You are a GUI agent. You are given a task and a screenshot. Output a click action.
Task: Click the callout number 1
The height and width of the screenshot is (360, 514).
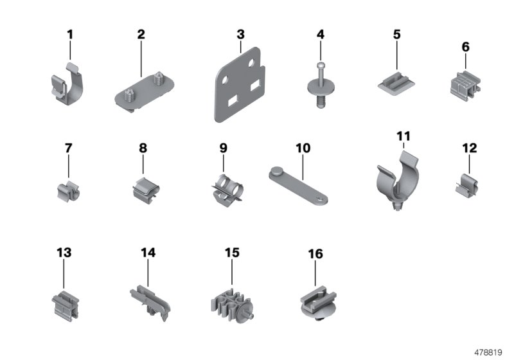[x=70, y=34]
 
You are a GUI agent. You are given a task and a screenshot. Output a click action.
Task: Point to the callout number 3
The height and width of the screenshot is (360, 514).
[x=240, y=34]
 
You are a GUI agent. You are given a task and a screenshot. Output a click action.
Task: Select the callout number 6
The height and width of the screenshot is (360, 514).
[x=465, y=47]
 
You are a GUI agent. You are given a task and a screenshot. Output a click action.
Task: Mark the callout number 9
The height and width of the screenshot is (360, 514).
[x=224, y=148]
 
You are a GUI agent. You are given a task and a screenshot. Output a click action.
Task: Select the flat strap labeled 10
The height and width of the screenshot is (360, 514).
[x=299, y=183]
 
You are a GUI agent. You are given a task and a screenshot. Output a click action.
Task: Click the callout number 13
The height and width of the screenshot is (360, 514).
[x=64, y=253]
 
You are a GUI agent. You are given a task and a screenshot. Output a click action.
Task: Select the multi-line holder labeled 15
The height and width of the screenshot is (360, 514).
[x=231, y=301]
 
